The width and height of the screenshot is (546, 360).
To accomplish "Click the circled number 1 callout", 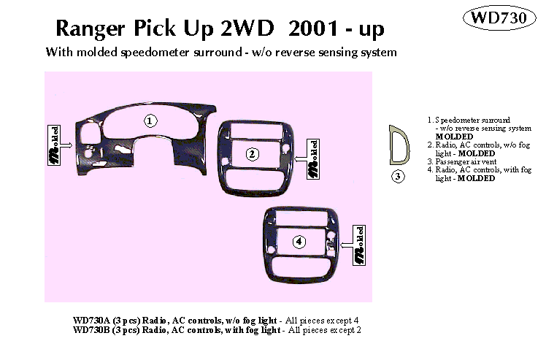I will tap(150, 121).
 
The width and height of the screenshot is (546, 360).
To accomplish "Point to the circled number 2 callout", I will tap(252, 154).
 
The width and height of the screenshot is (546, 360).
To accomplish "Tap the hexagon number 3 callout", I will tap(398, 176).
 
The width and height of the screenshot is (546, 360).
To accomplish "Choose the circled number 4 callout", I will tap(298, 242).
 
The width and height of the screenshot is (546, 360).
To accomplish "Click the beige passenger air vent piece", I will tap(399, 145).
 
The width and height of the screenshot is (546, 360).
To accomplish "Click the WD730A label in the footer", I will tap(91, 320).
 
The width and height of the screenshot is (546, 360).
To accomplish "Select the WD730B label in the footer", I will tap(91, 330).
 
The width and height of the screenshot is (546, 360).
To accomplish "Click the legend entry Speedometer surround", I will tap(473, 119).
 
